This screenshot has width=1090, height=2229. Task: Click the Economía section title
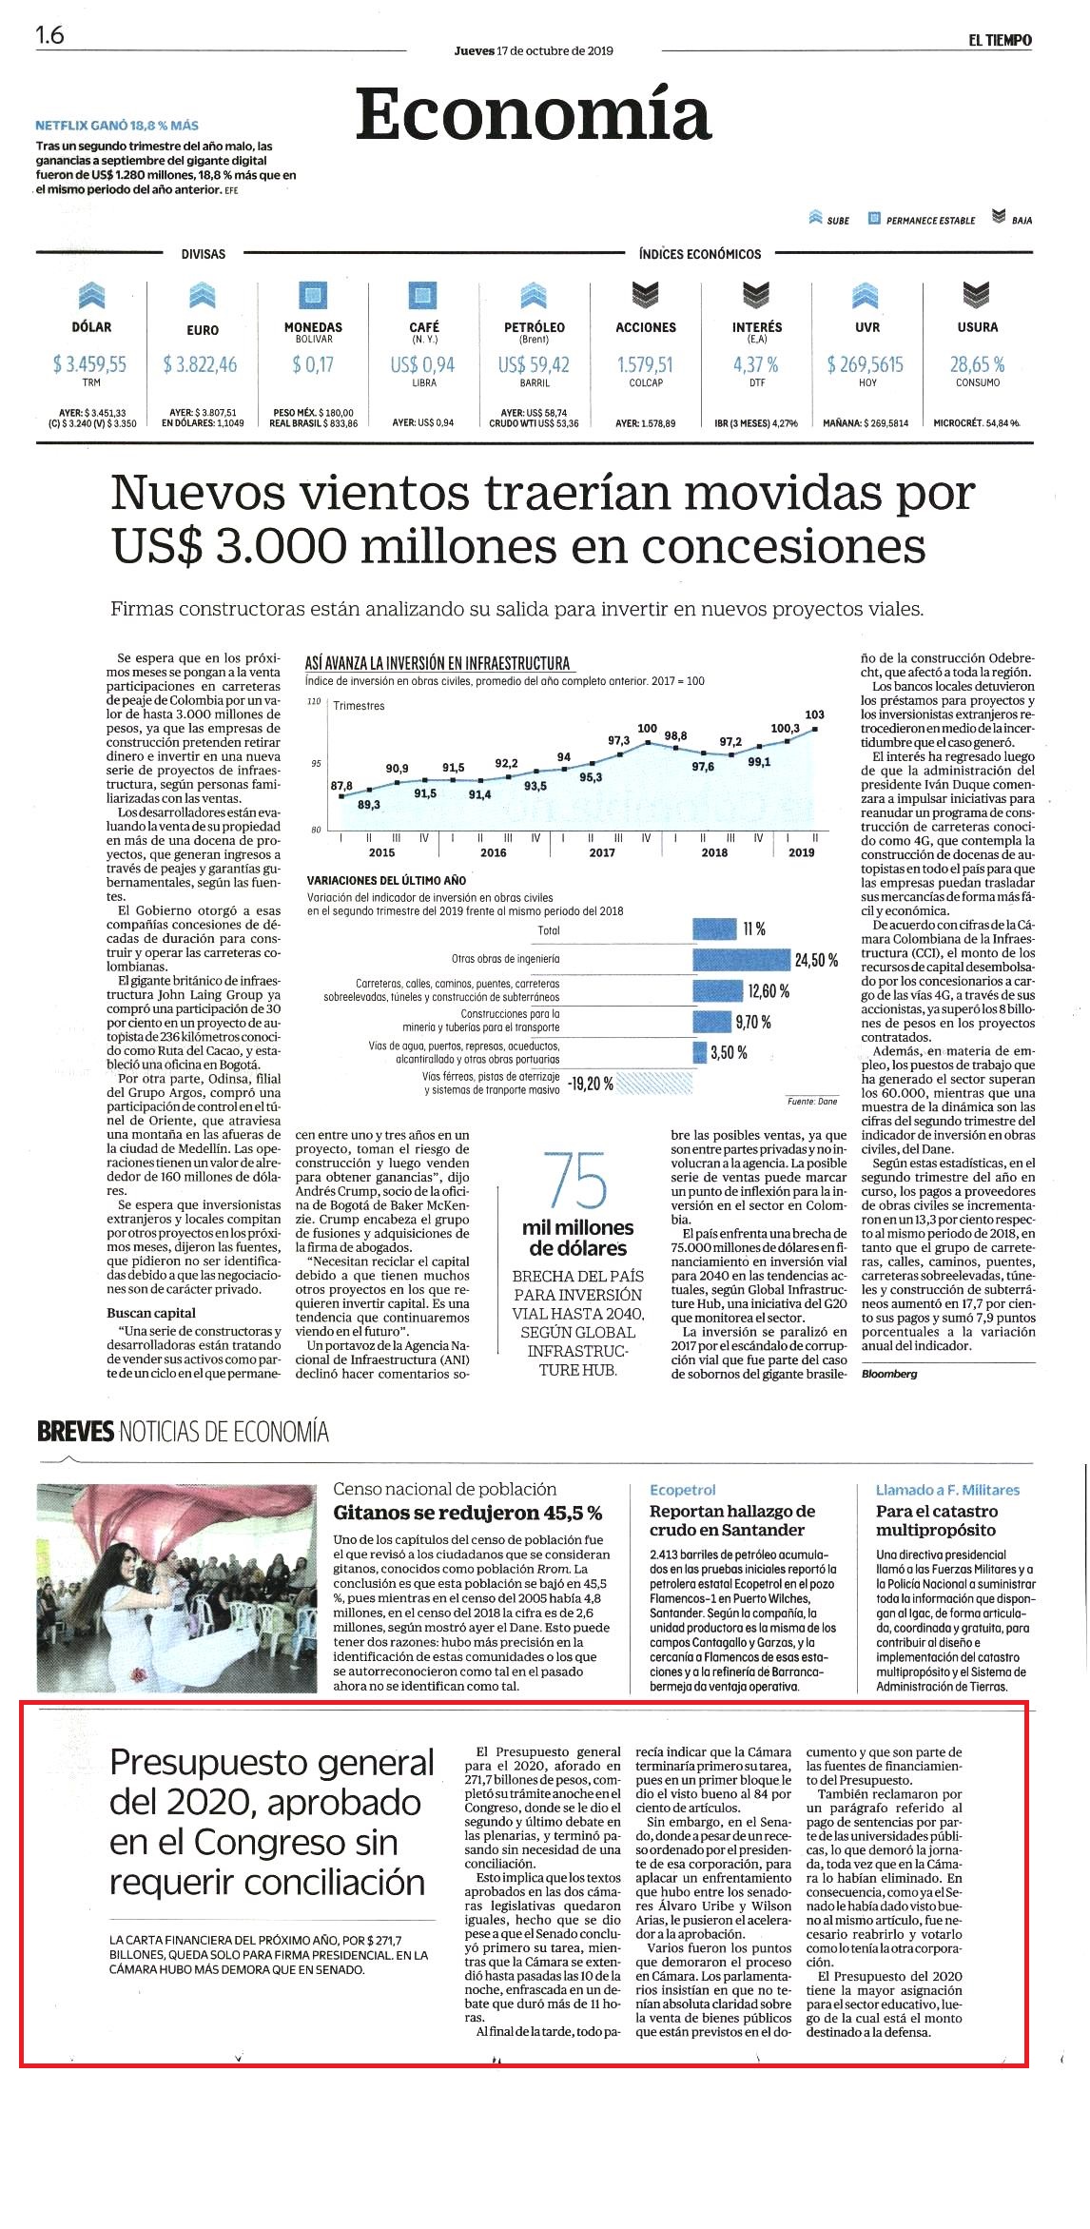534,114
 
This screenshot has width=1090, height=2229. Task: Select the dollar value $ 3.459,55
90,364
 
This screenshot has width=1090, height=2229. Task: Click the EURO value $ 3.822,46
201,364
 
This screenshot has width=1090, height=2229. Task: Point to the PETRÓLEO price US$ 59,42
534,364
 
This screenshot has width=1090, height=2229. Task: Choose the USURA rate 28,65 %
977,364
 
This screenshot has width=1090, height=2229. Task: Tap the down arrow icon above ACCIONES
646,295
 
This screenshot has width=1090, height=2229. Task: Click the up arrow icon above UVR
866,295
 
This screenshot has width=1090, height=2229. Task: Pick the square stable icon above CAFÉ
423,295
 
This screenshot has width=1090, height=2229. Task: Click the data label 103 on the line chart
814,714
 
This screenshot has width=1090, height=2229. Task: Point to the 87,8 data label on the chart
341,785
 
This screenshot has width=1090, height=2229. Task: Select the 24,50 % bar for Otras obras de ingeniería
742,960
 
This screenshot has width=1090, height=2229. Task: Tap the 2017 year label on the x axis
602,852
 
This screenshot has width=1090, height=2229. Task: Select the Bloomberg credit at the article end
889,1374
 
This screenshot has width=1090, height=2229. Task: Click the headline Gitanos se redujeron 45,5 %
467,1513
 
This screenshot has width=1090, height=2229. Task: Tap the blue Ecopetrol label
683,1490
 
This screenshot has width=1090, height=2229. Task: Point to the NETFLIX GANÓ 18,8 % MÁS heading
117,125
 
